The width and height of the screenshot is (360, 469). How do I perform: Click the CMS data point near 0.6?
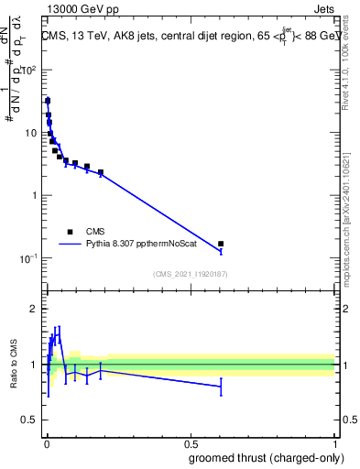(x=221, y=244)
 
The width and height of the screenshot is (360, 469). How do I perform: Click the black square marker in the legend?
(x=70, y=232)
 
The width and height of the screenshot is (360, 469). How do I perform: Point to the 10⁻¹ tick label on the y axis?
(x=29, y=258)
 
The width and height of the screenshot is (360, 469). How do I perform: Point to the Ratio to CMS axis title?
(x=14, y=365)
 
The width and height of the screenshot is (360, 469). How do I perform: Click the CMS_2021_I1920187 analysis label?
(x=190, y=273)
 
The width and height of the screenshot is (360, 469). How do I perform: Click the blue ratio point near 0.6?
(x=221, y=387)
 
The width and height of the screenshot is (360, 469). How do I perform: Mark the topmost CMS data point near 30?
(x=48, y=101)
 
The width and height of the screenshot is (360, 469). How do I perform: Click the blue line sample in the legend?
(x=70, y=245)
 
